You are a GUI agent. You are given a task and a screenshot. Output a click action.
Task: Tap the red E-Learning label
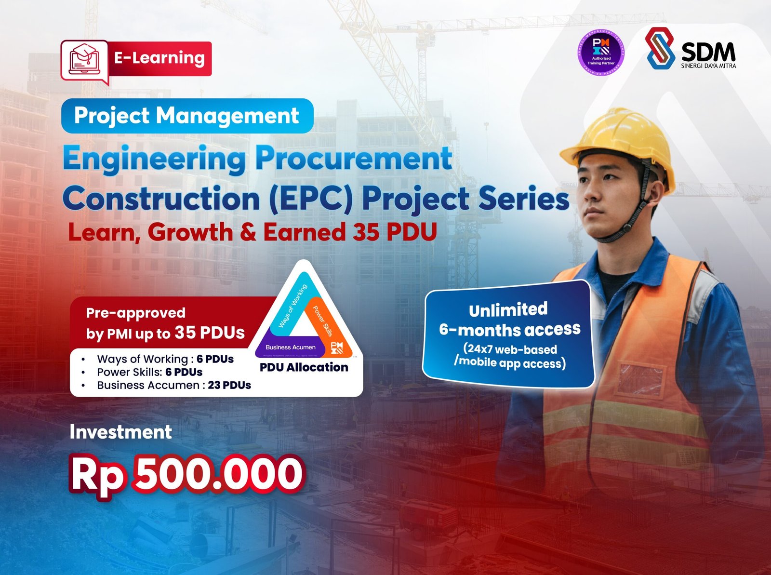(x=160, y=58)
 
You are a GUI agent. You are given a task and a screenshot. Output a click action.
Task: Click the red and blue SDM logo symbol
(x=660, y=48)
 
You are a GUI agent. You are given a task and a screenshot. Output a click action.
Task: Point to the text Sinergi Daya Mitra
(x=708, y=66)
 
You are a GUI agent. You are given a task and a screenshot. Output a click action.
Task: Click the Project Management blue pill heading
(x=187, y=116)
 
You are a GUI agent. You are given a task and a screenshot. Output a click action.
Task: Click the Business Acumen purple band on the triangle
(x=290, y=347)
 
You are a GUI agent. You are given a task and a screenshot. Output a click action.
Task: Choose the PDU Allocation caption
(x=304, y=367)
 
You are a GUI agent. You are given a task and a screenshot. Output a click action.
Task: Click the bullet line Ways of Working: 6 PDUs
(x=165, y=359)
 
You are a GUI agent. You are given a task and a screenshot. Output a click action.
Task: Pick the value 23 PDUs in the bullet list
(x=229, y=385)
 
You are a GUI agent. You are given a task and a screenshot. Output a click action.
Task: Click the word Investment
(x=120, y=432)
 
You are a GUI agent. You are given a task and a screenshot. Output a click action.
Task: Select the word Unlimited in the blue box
(x=508, y=309)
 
